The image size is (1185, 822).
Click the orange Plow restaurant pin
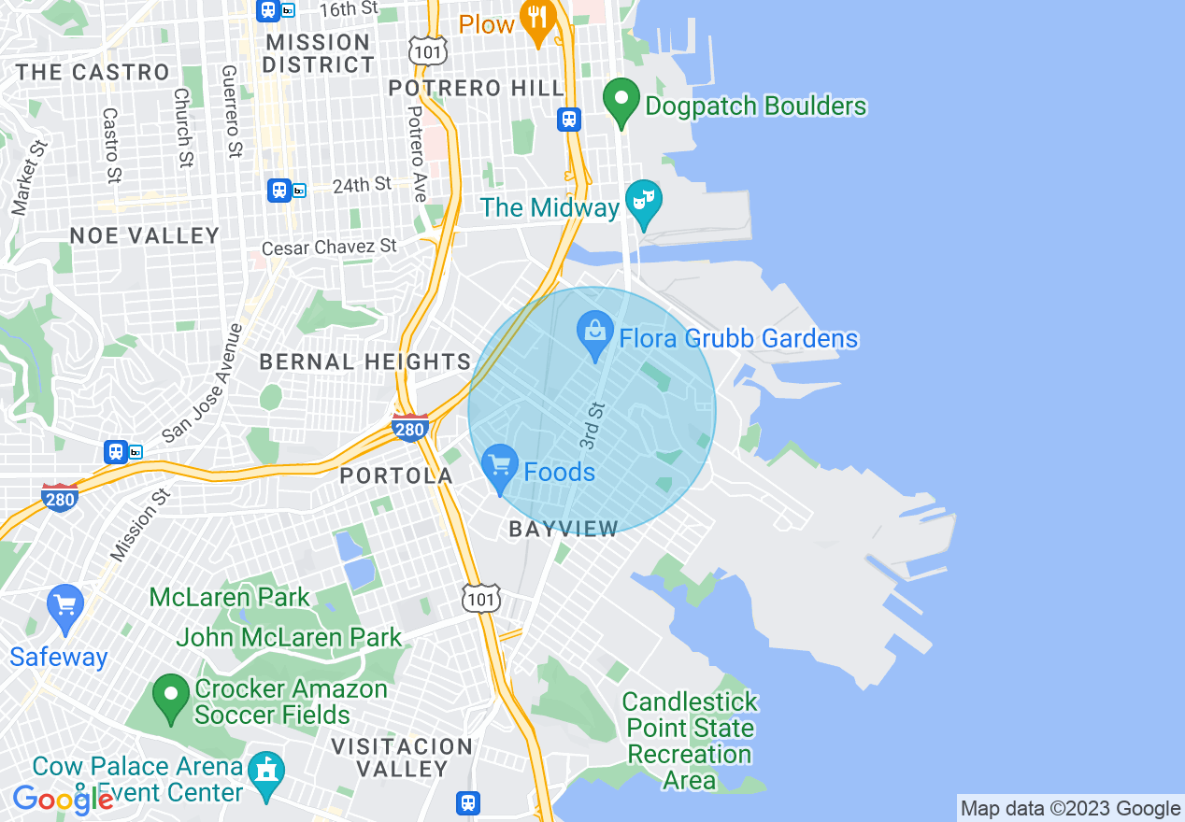pyautogui.click(x=536, y=21)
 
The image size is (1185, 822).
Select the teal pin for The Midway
pyautogui.click(x=644, y=203)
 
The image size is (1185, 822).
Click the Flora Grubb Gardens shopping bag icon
pyautogui.click(x=595, y=334)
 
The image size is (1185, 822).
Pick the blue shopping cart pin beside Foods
pyautogui.click(x=500, y=466)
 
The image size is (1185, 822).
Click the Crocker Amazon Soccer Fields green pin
pyautogui.click(x=171, y=696)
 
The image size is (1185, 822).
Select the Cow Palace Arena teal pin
pyautogui.click(x=266, y=773)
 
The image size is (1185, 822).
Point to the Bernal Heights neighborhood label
pyautogui.click(x=364, y=361)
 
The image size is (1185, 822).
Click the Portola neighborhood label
pyautogui.click(x=396, y=475)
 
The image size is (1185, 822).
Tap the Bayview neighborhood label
pyautogui.click(x=564, y=530)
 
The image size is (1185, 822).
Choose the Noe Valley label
pyautogui.click(x=145, y=235)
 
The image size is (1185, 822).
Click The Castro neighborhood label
pyautogui.click(x=93, y=72)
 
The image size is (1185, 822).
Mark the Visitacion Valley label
pyautogui.click(x=403, y=758)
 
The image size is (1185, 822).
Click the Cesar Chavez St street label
pyautogui.click(x=329, y=248)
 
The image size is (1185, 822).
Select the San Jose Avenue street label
pyautogui.click(x=202, y=384)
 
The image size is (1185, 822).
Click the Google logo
pyautogui.click(x=63, y=800)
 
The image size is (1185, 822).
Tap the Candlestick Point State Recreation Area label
pyautogui.click(x=690, y=741)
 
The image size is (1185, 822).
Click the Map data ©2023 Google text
pyautogui.click(x=1071, y=809)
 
